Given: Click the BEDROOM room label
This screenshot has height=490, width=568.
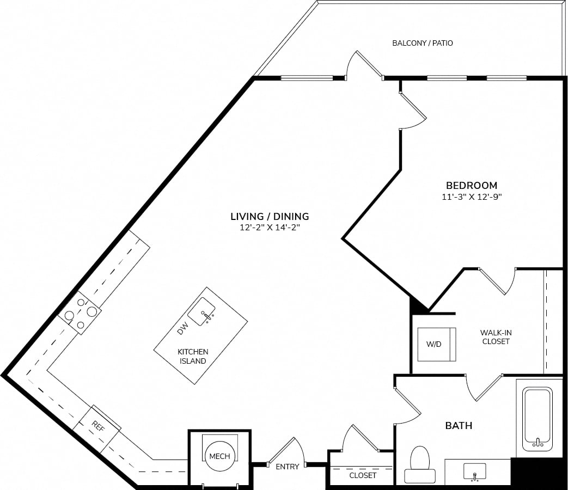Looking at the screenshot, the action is (x=471, y=186).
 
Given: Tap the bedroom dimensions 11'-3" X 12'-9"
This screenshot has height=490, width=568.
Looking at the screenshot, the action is (x=472, y=197).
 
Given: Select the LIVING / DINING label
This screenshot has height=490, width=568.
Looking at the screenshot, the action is (x=270, y=217).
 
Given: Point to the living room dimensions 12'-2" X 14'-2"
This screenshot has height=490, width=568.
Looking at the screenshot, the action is (x=270, y=228).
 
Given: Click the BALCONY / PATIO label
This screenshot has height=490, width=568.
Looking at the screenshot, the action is (x=423, y=43).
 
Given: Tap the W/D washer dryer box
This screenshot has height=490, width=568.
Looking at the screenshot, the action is (x=437, y=345).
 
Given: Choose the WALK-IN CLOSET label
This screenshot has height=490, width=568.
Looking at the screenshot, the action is (x=496, y=337).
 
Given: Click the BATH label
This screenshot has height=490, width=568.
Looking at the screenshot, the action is (x=459, y=426).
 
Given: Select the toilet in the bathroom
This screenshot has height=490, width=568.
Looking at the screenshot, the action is (x=420, y=464).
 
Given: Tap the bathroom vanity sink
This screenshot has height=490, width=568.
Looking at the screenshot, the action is (x=474, y=471).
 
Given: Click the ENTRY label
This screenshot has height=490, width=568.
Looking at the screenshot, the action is (x=287, y=467).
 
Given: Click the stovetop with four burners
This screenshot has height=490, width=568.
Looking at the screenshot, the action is (x=80, y=312).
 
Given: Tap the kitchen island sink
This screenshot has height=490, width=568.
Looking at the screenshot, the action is (x=201, y=311).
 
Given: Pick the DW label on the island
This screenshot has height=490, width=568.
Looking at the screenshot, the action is (x=182, y=328).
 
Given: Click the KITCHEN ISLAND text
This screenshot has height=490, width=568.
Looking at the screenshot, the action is (x=193, y=357).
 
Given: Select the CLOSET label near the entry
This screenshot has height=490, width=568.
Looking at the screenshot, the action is (x=363, y=475).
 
